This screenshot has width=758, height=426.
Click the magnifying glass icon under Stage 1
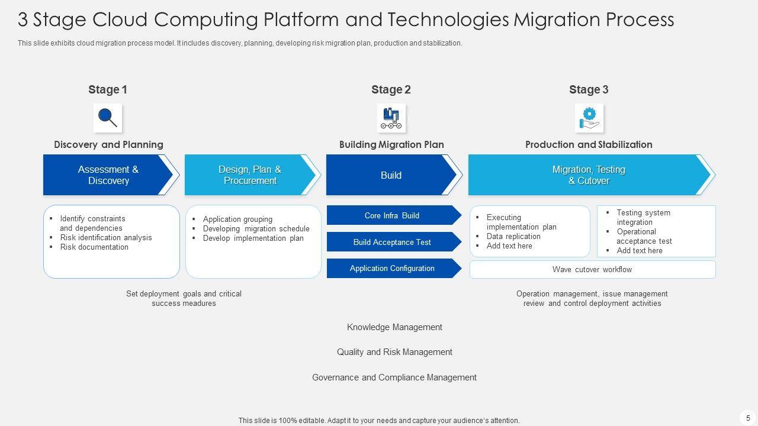108,118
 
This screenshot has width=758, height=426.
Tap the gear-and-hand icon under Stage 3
589,118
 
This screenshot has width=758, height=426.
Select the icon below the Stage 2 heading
391,118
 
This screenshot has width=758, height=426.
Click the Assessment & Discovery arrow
108,175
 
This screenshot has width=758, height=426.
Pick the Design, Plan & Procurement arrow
250,175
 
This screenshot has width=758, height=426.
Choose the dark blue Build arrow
391,175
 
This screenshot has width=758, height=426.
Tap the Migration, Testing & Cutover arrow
589,175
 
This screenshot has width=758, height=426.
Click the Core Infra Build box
392,215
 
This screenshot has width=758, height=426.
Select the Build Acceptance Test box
392,242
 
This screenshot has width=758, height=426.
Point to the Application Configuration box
392,269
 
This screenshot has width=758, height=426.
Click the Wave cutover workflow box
592,270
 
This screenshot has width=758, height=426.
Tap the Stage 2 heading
391,90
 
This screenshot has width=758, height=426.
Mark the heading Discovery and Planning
108,144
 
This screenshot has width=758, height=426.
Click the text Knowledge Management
394,327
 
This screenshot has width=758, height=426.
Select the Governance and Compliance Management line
394,377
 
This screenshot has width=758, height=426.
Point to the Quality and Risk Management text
394,352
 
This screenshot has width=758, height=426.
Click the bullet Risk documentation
94,247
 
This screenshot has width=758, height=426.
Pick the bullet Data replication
513,237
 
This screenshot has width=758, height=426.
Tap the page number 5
748,418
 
